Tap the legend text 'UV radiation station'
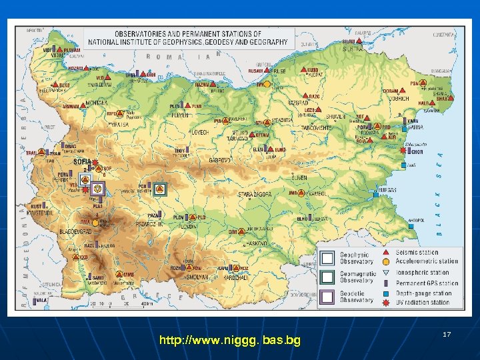(423, 303)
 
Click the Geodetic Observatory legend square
(327, 297)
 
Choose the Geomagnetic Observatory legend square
(327, 277)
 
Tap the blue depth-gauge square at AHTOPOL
(412, 226)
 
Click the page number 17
(447, 333)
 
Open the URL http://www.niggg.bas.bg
(230, 341)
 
